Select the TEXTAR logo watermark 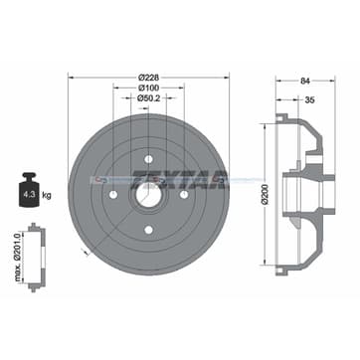(199, 179)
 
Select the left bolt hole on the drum (112, 194)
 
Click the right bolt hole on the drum (186, 194)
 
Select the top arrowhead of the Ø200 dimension (266, 126)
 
